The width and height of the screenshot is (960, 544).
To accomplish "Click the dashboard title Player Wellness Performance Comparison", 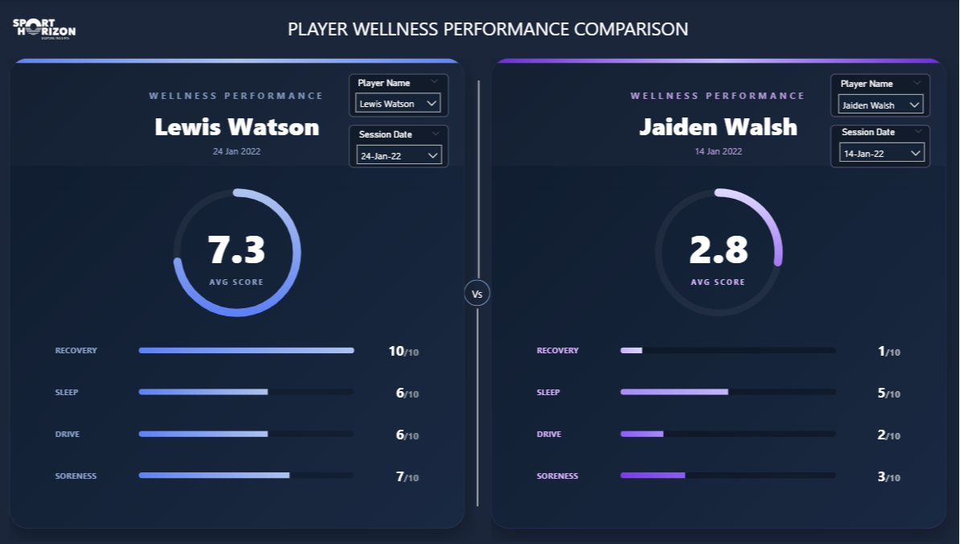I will [488, 30].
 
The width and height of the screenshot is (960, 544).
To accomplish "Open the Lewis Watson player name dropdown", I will [398, 103].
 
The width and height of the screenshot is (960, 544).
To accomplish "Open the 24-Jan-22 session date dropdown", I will [398, 155].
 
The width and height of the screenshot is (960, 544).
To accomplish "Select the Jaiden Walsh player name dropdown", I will [880, 105].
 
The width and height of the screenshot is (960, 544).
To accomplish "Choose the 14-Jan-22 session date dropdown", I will [881, 153].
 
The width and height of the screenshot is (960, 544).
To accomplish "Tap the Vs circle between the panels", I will [477, 294].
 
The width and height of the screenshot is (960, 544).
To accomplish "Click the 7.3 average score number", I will [237, 250].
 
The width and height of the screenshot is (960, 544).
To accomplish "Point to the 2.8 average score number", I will [719, 250].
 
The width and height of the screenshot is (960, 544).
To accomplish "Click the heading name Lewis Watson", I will [237, 127].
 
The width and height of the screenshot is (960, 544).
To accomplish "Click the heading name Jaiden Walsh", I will [718, 127].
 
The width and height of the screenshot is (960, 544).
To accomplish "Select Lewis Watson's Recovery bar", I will [246, 351].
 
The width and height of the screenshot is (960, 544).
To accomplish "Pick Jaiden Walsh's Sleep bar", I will [674, 392].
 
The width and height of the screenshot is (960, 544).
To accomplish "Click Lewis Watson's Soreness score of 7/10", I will [406, 476].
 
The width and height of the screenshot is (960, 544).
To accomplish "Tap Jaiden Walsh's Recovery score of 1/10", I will [888, 352].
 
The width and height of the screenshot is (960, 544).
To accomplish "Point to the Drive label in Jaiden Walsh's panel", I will [549, 435].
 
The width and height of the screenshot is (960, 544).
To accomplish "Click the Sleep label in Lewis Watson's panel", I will [66, 393].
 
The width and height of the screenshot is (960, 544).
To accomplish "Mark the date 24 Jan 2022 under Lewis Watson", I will [237, 151].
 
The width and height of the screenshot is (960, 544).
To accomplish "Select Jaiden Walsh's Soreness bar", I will [653, 476].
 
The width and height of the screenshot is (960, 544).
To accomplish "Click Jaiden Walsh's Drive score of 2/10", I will [888, 435].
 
